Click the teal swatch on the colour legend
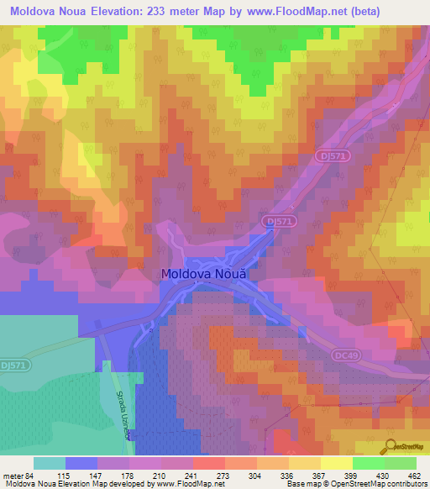[x=50, y=463]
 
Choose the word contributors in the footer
[x=401, y=484]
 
